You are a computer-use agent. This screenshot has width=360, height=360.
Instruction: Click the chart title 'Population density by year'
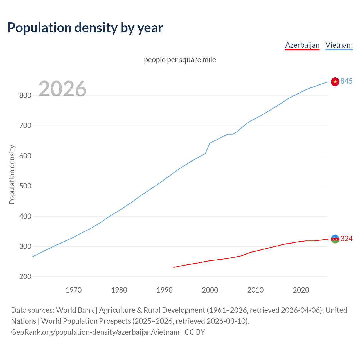pos(85,28)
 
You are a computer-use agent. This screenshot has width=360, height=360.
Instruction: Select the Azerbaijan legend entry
pos(302,45)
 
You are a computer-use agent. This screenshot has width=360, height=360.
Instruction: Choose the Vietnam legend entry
pos(339,45)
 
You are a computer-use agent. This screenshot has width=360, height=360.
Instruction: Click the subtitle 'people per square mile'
pos(180,60)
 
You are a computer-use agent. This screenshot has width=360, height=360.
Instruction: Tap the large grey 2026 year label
pos(62,89)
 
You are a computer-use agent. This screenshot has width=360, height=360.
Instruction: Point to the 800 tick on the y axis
pos(25,95)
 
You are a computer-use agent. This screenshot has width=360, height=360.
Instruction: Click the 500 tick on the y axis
pos(25,186)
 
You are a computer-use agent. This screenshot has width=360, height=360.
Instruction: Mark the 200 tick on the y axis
pos(25,277)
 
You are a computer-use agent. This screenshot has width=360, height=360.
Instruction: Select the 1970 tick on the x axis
pos(74,290)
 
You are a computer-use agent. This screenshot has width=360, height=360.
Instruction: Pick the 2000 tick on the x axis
pos(210,290)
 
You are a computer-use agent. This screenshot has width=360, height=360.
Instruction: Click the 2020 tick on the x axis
pos(301,290)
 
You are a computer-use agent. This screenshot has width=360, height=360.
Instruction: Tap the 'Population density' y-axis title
pos(12,174)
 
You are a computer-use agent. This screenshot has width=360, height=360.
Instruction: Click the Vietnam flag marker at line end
pos(335,82)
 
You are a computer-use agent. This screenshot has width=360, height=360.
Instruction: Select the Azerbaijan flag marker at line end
pos(335,239)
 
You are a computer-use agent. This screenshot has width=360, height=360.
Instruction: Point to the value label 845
pos(346,81)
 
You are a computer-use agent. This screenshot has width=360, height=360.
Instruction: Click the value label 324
pos(346,239)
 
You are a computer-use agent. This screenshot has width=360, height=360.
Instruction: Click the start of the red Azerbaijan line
pos(174,267)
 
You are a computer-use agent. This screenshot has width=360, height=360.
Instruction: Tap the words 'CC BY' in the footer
pos(195,332)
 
